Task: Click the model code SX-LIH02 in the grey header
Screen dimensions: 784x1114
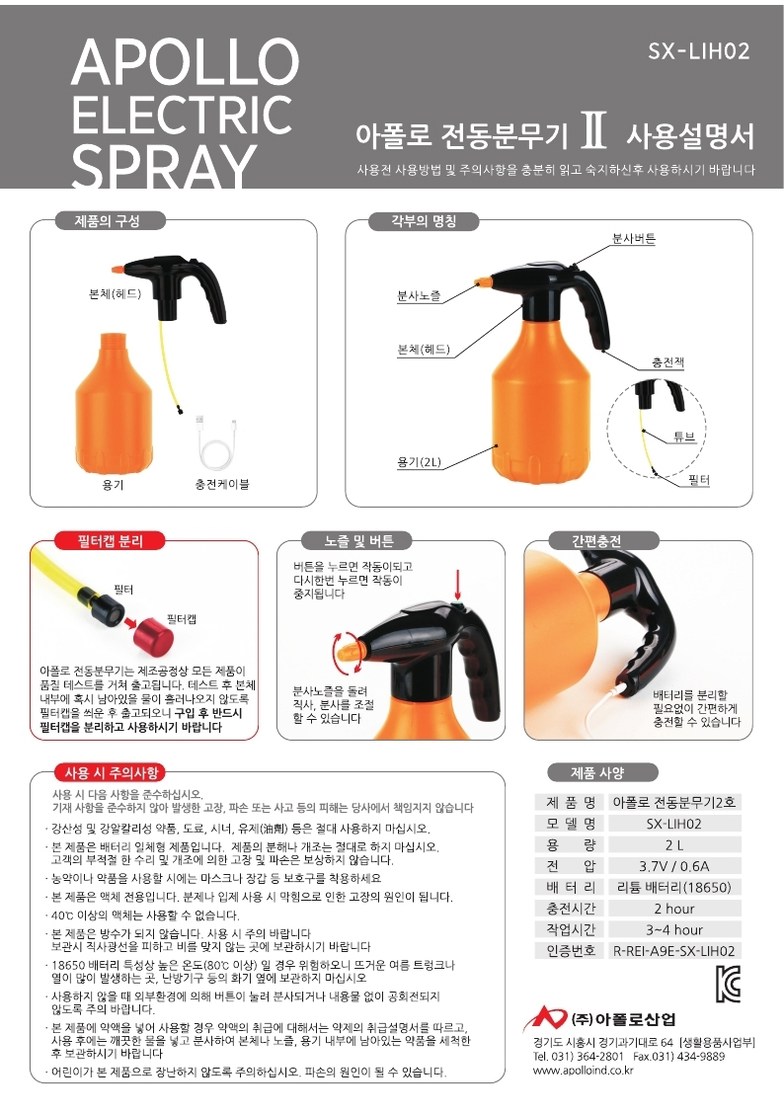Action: pos(699,51)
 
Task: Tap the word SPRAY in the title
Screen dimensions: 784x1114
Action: pos(164,166)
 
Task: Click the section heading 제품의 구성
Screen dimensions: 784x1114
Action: pos(108,221)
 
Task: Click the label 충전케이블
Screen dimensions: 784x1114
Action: pos(222,485)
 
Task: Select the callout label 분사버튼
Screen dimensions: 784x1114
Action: pos(634,239)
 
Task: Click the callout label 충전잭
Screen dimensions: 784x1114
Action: pos(667,362)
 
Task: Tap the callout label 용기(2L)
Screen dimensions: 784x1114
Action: pos(419,462)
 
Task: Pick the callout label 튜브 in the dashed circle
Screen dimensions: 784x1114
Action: pos(684,437)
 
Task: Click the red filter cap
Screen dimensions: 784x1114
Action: pos(153,634)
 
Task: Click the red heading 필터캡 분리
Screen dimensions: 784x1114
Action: pos(110,541)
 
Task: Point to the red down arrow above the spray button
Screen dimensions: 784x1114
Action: pos(458,585)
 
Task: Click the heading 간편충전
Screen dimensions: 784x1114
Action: pos(595,541)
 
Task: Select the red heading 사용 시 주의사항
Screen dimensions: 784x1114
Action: pos(111,773)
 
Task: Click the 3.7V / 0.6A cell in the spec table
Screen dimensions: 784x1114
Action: pos(674,866)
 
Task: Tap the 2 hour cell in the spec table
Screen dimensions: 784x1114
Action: pos(674,909)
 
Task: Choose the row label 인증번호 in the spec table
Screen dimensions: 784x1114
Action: pos(571,951)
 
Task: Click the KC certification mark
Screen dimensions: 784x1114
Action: pos(728,984)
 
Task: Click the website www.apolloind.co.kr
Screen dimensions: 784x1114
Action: pos(583,1070)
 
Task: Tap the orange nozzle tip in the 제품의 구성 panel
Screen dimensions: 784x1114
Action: pos(117,271)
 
